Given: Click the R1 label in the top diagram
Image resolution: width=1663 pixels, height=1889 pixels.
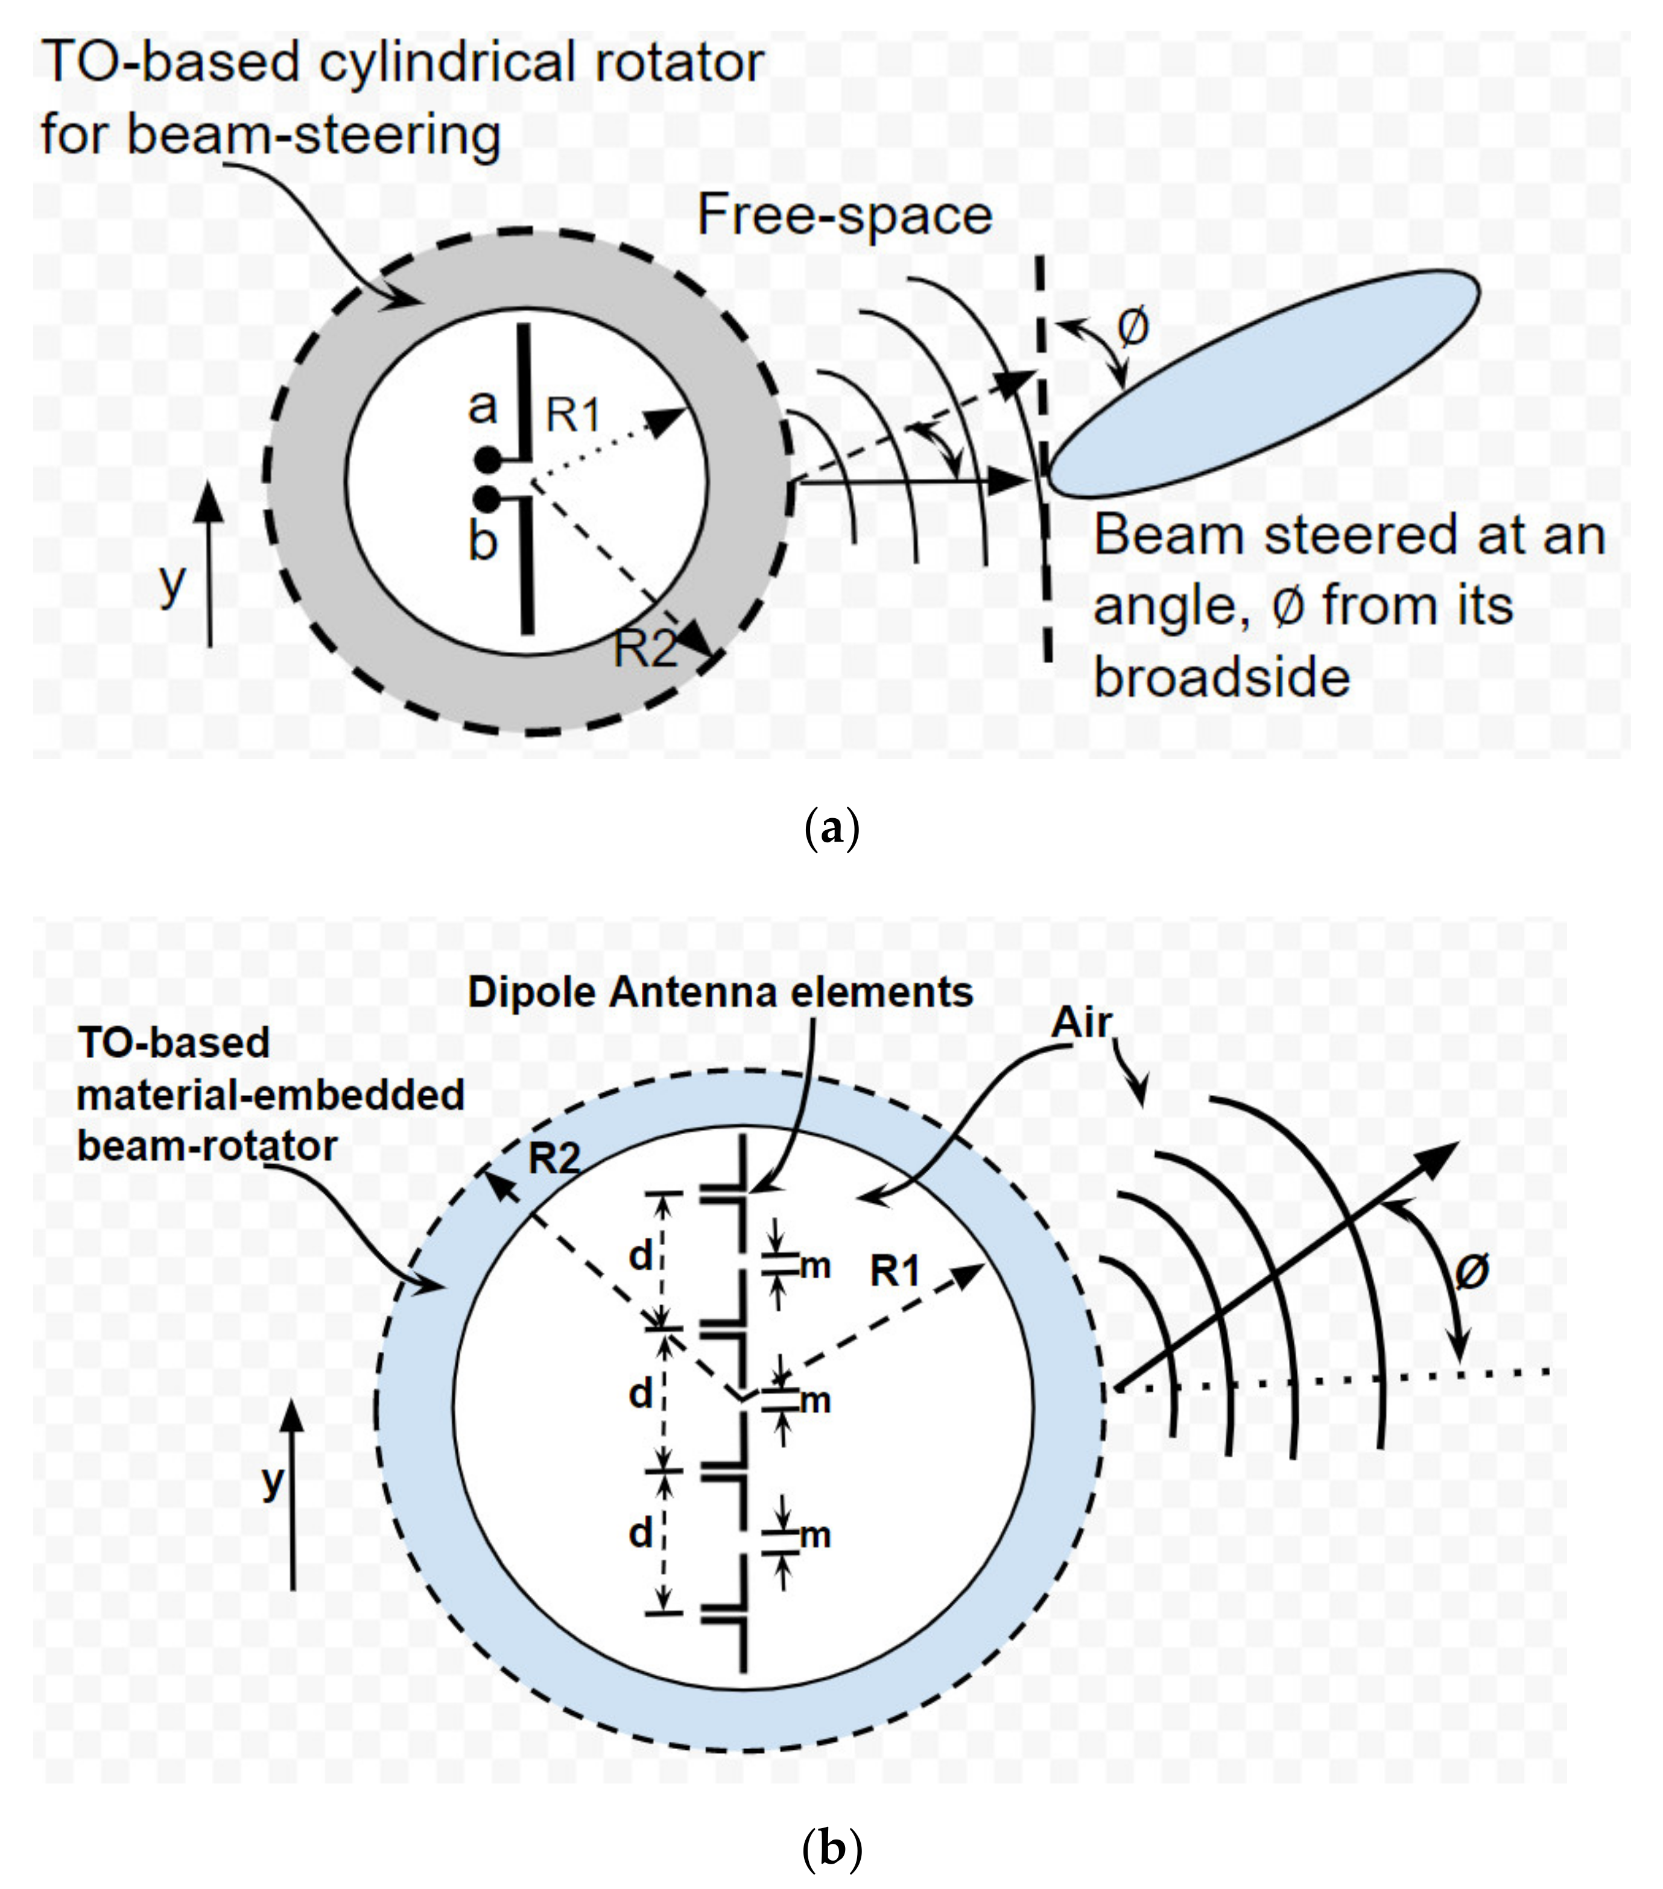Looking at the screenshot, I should coord(573,415).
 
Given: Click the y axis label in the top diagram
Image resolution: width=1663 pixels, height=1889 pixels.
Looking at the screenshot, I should coord(172,582).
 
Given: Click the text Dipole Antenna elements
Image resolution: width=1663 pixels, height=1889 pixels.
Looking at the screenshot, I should coord(720,992).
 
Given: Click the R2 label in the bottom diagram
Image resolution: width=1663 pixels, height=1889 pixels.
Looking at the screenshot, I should coord(554,1158).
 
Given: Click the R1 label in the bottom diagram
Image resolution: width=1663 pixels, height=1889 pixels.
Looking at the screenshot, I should coord(895,1273).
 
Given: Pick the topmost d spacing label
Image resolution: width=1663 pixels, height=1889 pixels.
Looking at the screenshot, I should coord(641,1256).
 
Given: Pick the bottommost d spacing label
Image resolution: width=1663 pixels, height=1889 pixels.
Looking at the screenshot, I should coord(641,1534).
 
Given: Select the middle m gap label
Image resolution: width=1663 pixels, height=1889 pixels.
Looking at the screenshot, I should coord(814,1402).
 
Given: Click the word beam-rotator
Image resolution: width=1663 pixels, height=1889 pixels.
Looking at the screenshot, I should coord(207,1147).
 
